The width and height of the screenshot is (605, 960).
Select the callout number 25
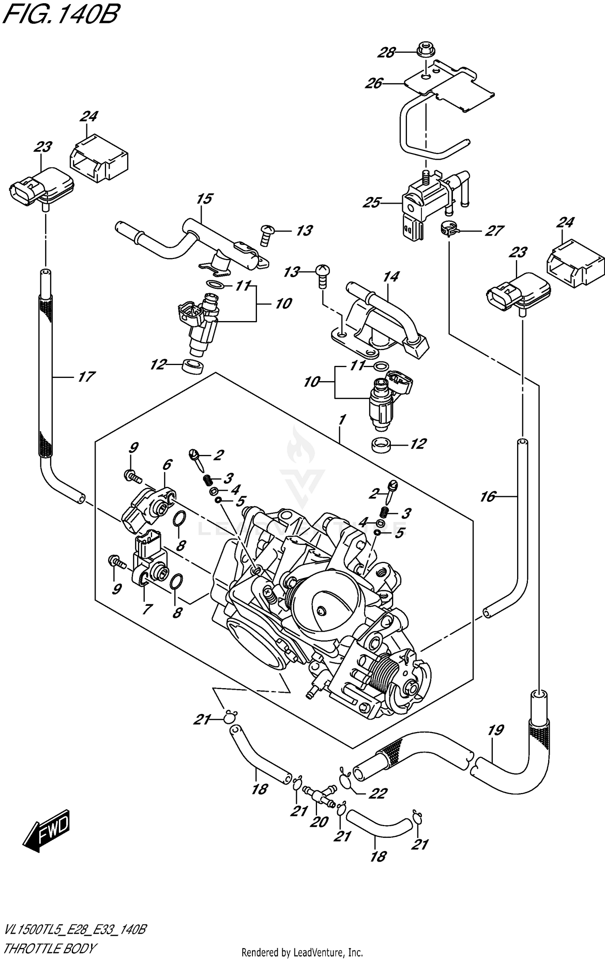pos(371,202)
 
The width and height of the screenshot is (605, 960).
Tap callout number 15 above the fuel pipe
pos(205,198)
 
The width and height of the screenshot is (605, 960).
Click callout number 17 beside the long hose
pos(86,377)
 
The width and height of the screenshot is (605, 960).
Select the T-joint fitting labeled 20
pos(319,795)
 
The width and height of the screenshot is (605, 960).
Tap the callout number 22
pos(378,793)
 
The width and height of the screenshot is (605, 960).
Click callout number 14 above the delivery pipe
pos(391,276)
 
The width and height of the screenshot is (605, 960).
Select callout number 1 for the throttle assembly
pos(342,420)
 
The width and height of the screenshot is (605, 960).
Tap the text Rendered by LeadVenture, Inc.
pos(302,953)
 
